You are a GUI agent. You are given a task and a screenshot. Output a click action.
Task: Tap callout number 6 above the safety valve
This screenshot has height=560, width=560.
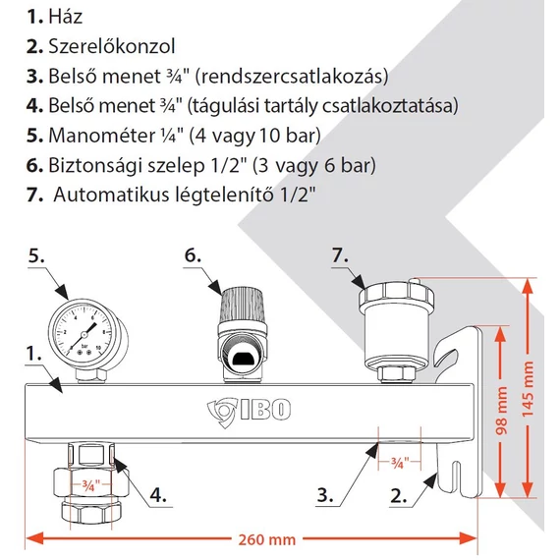(193, 254)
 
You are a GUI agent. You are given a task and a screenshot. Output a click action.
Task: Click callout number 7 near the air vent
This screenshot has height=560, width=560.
(339, 254)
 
